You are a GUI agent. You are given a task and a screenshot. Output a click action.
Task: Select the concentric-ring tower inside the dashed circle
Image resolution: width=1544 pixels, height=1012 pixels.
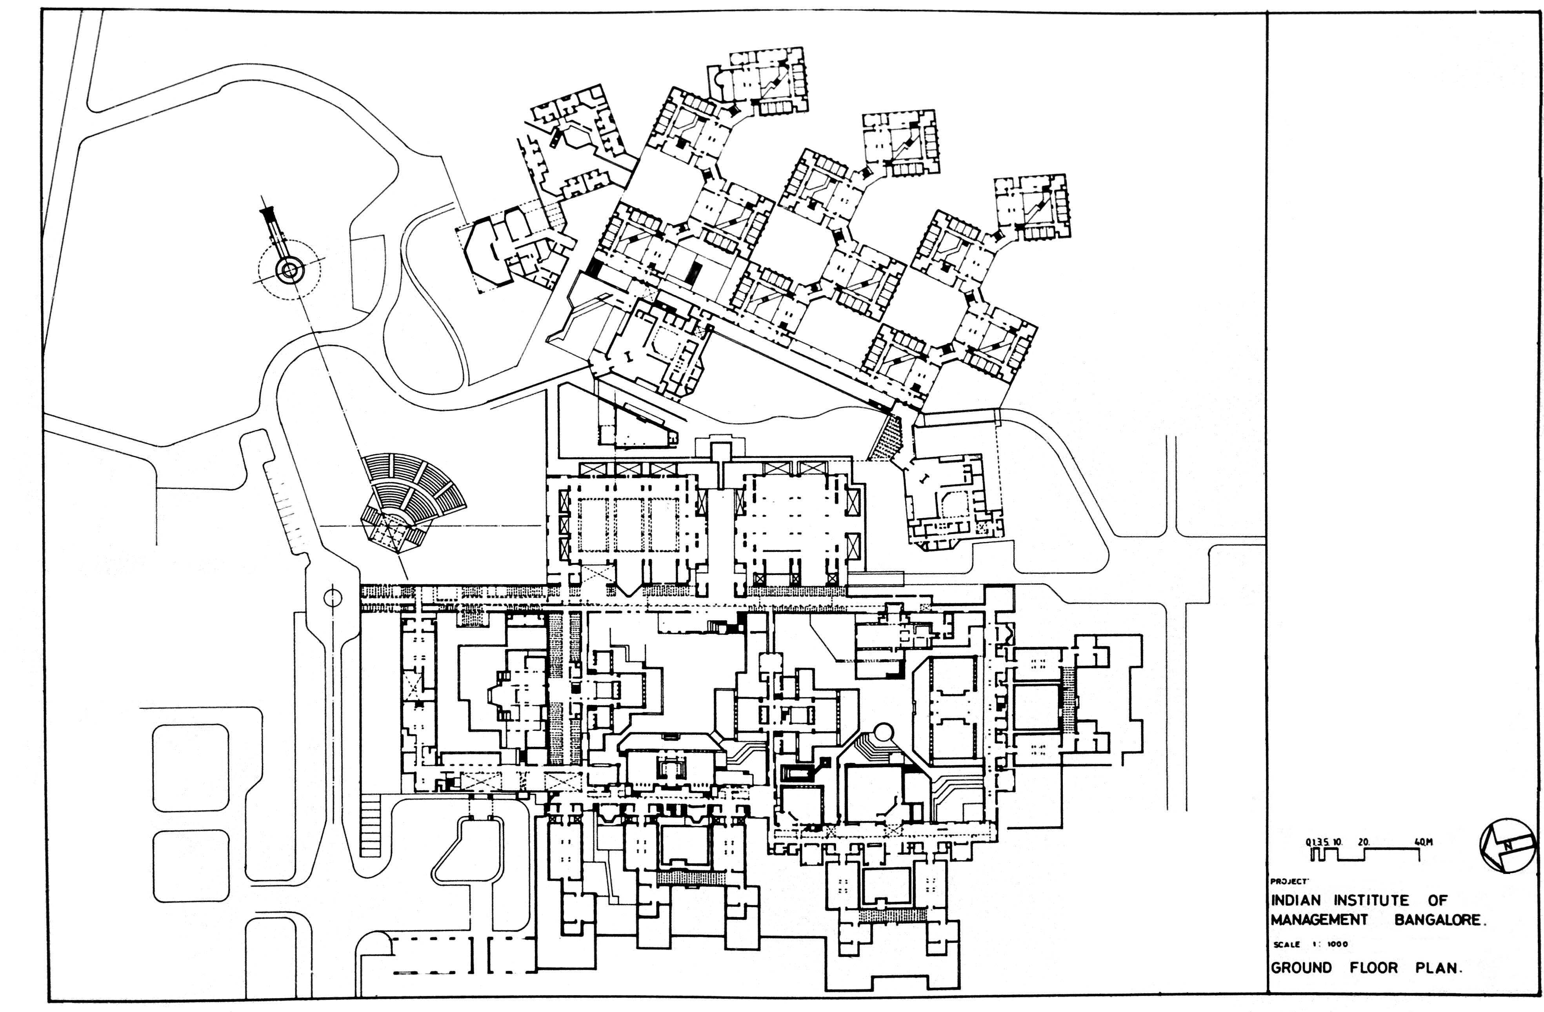pos(289,271)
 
